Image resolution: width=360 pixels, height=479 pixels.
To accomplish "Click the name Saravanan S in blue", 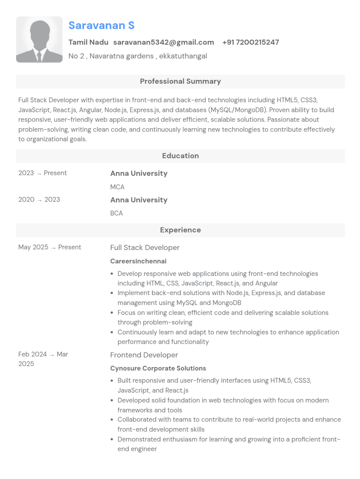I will (101, 26).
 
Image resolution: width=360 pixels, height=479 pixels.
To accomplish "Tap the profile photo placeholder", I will (39, 40).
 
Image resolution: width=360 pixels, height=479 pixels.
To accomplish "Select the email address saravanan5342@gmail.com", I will (163, 42).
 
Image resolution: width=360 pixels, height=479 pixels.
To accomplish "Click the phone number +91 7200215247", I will (250, 42).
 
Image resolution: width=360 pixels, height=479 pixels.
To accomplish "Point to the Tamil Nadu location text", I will (88, 42).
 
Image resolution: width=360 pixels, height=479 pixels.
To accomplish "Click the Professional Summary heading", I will (180, 81).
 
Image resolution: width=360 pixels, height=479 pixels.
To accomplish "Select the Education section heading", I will (180, 156).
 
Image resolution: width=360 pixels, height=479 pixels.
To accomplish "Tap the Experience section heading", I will (180, 230).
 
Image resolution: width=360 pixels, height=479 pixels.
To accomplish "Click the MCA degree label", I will (117, 187).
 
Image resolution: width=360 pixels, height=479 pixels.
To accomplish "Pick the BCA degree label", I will (116, 213).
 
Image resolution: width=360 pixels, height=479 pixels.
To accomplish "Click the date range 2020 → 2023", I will (39, 200).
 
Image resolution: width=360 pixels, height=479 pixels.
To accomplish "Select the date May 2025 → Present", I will (50, 247).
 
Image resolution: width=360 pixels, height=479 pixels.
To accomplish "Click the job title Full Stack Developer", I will (145, 247).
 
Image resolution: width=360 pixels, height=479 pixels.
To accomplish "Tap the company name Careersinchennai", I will (138, 261).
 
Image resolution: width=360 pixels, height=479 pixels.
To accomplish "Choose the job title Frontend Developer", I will (144, 355).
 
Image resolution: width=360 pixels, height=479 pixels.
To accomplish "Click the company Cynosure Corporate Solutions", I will (158, 368).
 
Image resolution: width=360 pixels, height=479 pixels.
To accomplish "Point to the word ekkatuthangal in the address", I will (183, 56).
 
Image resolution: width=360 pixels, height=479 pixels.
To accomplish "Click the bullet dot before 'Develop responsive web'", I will (112, 274).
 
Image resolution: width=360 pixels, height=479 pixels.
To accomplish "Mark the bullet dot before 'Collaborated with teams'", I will (112, 420).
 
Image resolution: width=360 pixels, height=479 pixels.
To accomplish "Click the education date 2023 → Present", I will (42, 173).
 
